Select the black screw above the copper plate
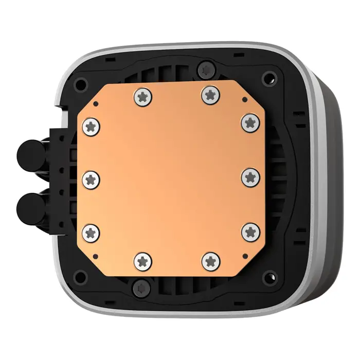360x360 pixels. coord(206,68)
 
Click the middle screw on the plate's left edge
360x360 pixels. coord(92,178)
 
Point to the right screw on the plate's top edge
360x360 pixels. coord(209,94)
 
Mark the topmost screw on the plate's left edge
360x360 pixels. coord(92,125)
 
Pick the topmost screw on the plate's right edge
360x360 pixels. coord(250,122)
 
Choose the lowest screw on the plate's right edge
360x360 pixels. coord(250,231)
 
